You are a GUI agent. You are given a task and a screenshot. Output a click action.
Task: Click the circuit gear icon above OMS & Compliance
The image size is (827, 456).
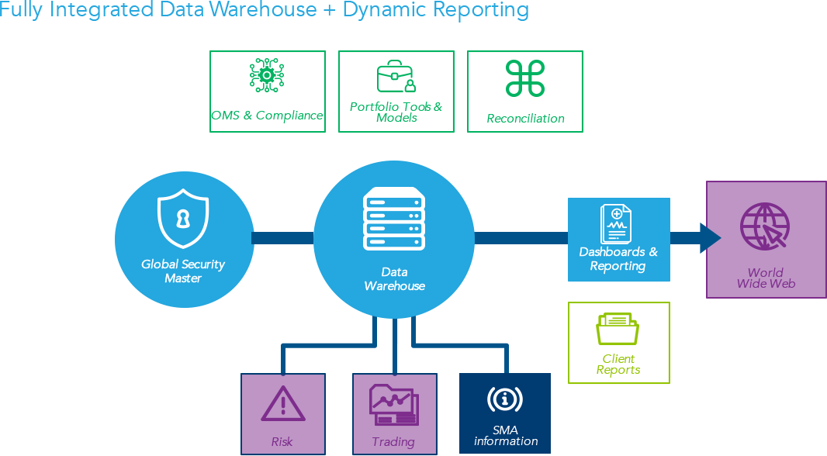coord(267,76)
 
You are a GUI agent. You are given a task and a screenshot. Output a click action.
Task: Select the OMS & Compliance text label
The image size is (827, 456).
coord(267,116)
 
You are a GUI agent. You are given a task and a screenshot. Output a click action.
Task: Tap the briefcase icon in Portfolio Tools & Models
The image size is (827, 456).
coord(396,78)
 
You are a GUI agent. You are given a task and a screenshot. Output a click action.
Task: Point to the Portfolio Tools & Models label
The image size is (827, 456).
coord(396,112)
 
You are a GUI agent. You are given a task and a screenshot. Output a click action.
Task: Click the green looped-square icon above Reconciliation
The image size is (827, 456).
coord(525,78)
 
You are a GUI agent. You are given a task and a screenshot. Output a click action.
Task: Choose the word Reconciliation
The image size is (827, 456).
coord(525,119)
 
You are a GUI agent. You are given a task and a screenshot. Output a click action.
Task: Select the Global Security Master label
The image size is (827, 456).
coord(183,271)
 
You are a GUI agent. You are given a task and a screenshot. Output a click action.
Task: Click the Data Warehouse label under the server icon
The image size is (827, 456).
coord(394,278)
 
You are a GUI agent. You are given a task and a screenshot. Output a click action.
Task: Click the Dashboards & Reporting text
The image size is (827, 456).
coord(618,259)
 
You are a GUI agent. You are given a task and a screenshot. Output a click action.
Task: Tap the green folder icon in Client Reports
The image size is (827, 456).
coord(618,329)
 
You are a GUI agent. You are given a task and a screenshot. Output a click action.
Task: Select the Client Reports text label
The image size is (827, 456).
coord(618,364)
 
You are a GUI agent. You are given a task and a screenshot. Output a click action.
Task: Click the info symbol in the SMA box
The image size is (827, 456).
coord(504,399)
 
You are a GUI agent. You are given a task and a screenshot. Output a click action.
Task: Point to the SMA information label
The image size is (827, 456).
coord(505,435)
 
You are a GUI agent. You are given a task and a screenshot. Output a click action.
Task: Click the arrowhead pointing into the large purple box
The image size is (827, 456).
coord(709,238)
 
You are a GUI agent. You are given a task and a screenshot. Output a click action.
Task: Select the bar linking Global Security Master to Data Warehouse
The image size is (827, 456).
coord(282,238)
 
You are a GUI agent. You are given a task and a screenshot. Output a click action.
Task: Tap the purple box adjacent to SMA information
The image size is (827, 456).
coord(394,413)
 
